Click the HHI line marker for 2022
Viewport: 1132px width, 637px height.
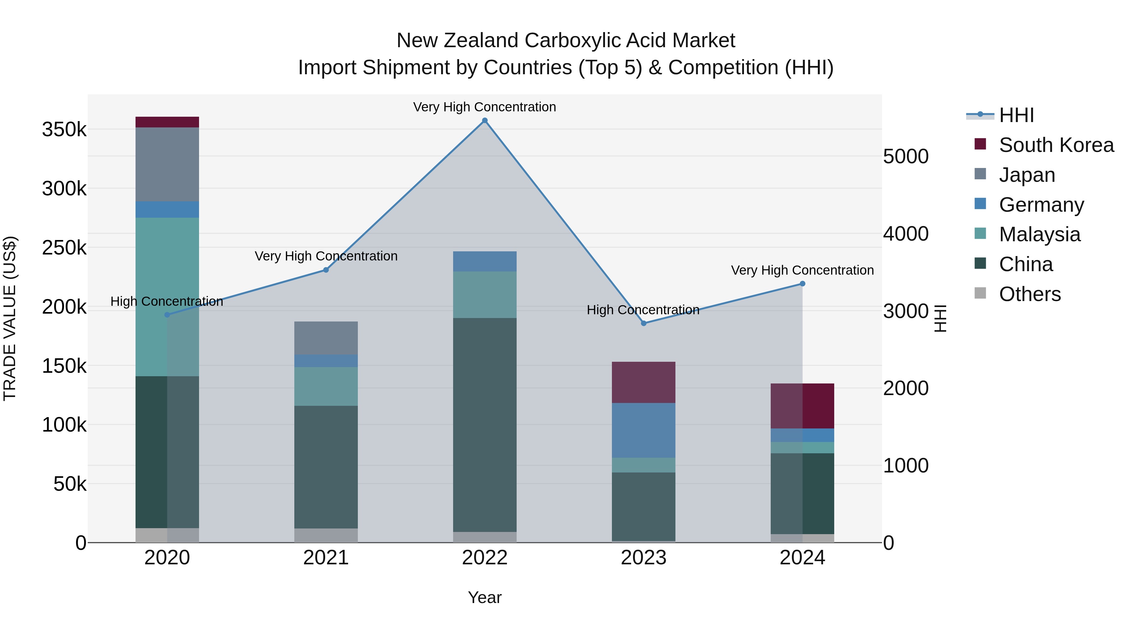pyautogui.click(x=485, y=120)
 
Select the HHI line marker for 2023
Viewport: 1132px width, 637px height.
pyautogui.click(x=644, y=323)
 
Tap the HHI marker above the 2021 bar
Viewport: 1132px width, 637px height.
pyautogui.click(x=326, y=270)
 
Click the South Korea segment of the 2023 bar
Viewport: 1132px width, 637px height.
pyautogui.click(x=644, y=383)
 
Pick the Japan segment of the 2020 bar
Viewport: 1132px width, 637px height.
pyautogui.click(x=167, y=165)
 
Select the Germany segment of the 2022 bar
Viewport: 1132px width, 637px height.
pyautogui.click(x=485, y=262)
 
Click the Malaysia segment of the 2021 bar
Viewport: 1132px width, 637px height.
pyautogui.click(x=326, y=386)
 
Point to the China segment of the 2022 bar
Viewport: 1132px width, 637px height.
pyautogui.click(x=485, y=425)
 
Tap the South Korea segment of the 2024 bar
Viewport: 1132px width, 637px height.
pyautogui.click(x=802, y=406)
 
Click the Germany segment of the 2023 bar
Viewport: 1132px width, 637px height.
pyautogui.click(x=644, y=430)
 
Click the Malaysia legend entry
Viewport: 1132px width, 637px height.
pyautogui.click(x=1039, y=234)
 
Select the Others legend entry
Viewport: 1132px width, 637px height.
pyautogui.click(x=1029, y=294)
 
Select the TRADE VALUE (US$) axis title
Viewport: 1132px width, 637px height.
pyautogui.click(x=10, y=318)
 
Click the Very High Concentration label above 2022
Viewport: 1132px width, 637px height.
pyautogui.click(x=485, y=107)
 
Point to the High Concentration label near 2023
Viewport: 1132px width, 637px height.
pyautogui.click(x=643, y=310)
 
